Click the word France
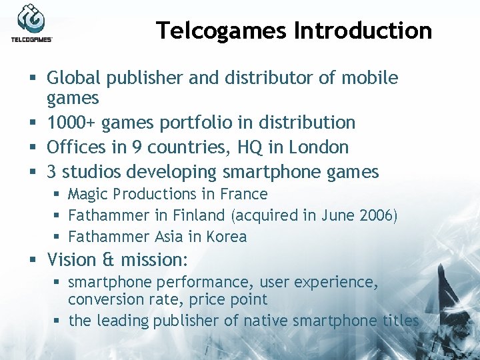tap(246, 195)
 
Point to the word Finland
tap(198, 216)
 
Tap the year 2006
tap(377, 216)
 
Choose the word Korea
tap(229, 237)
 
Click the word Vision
tap(71, 259)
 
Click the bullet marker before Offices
tap(32, 147)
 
